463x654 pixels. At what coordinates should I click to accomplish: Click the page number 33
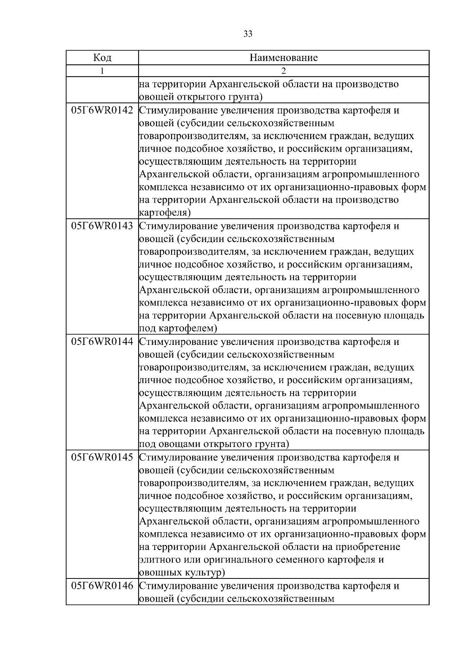248,34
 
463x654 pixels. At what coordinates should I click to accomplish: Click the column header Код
102,58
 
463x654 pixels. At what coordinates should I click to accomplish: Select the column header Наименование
284,58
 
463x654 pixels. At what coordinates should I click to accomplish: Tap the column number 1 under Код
102,71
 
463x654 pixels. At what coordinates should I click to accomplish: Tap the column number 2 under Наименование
284,71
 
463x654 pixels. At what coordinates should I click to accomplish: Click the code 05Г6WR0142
102,111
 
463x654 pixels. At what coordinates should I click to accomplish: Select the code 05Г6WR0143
102,226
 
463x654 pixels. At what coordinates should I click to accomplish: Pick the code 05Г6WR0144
102,342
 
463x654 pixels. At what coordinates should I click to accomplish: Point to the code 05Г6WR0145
102,457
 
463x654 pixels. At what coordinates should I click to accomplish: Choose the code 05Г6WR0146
102,586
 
